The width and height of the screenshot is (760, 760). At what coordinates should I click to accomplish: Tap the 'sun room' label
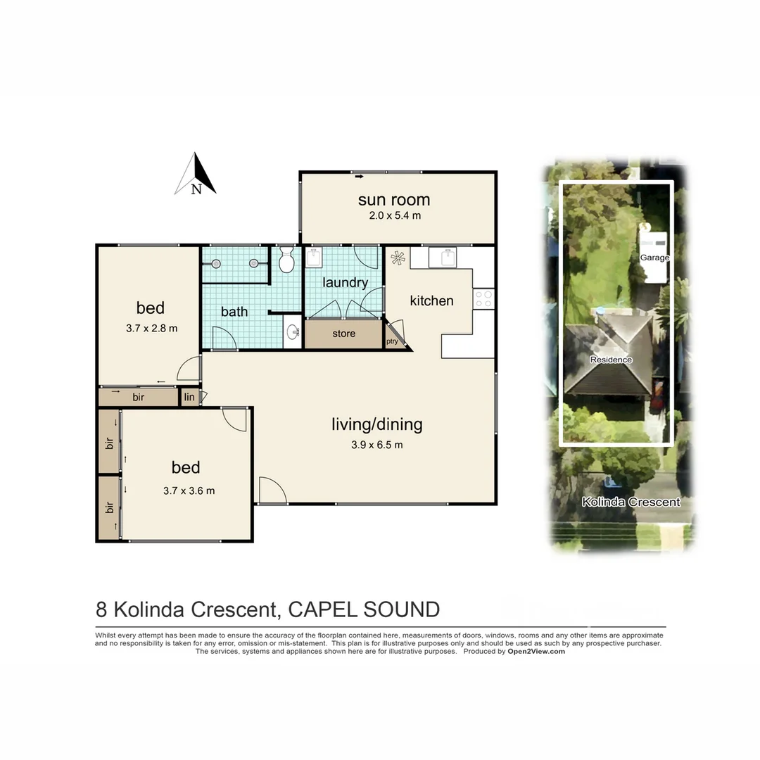394,200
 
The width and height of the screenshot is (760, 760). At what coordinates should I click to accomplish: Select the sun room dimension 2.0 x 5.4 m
395,216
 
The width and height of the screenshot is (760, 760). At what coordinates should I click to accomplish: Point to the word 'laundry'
345,283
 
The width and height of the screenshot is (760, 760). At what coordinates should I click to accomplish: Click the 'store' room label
343,334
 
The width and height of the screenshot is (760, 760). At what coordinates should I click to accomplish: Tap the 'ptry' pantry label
392,342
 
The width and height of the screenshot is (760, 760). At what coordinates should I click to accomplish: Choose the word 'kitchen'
431,300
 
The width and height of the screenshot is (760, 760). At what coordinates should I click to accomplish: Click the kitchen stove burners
483,298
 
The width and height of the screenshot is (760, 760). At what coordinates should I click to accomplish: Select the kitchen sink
445,258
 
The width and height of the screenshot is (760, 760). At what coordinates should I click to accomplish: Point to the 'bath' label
234,311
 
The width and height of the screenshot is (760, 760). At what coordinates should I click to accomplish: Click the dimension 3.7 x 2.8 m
151,328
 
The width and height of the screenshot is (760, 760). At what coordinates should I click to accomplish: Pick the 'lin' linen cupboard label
189,398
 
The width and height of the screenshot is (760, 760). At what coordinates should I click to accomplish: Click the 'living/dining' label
376,424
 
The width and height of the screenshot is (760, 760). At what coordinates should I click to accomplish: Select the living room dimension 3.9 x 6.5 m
377,445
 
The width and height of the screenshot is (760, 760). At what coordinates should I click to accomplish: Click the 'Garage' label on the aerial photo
654,258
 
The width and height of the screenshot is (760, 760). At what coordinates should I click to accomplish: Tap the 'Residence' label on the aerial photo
611,360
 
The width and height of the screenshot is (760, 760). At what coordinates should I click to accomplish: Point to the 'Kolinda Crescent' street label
631,502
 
